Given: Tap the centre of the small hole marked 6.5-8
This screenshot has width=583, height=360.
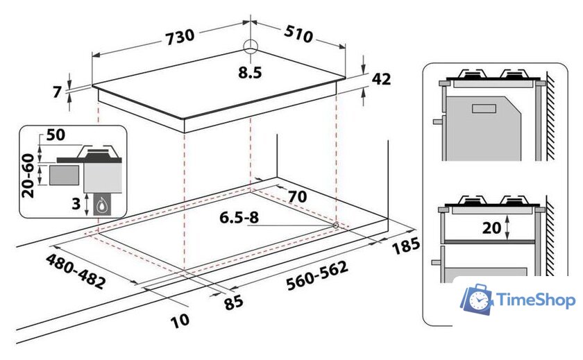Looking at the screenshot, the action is click(335, 225).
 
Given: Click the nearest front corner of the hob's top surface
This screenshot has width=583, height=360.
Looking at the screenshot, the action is click(184, 119).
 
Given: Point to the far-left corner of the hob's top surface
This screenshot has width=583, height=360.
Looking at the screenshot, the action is click(92, 86).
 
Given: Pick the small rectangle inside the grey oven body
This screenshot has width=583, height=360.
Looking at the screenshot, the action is click(484, 108).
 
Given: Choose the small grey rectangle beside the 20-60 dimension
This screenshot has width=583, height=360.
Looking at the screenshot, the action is click(64, 175).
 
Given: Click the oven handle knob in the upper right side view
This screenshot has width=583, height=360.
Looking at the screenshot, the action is click(439, 121).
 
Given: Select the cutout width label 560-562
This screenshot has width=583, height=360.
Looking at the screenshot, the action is click(317, 275).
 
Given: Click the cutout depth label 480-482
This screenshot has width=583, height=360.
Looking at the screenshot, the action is click(76, 271).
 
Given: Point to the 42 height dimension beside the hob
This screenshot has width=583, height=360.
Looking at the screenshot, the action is click(381, 79).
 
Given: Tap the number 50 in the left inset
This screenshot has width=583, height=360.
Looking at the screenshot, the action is click(56, 135).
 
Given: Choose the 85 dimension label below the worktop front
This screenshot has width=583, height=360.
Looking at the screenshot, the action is click(233, 302).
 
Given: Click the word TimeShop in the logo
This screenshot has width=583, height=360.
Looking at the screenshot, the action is click(536, 300).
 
